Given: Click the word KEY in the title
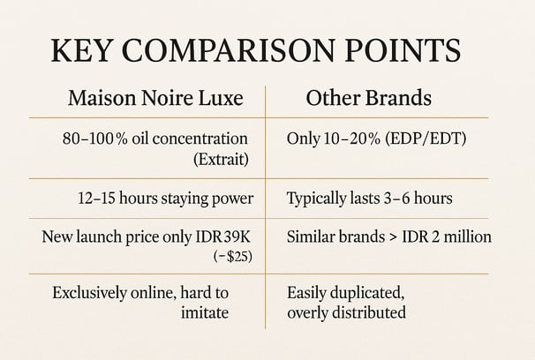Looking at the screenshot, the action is point(81,50).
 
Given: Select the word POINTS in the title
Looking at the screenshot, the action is point(403,50).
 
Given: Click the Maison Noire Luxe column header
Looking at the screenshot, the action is point(155,98).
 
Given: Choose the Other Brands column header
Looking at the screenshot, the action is point(368,98).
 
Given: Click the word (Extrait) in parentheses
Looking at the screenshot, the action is point(221,159).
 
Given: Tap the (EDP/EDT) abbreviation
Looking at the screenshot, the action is point(426,139).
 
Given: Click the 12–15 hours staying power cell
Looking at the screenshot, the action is point(166,199).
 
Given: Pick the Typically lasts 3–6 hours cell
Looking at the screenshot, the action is point(370,199).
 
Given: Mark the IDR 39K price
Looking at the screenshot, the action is point(223,236).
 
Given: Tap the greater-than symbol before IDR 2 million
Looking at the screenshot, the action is point(394,237).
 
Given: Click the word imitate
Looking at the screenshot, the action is point(205,312).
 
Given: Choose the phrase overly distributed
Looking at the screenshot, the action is point(347,313).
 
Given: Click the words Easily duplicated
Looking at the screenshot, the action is point(346,293).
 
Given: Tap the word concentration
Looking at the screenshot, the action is point(200,139).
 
